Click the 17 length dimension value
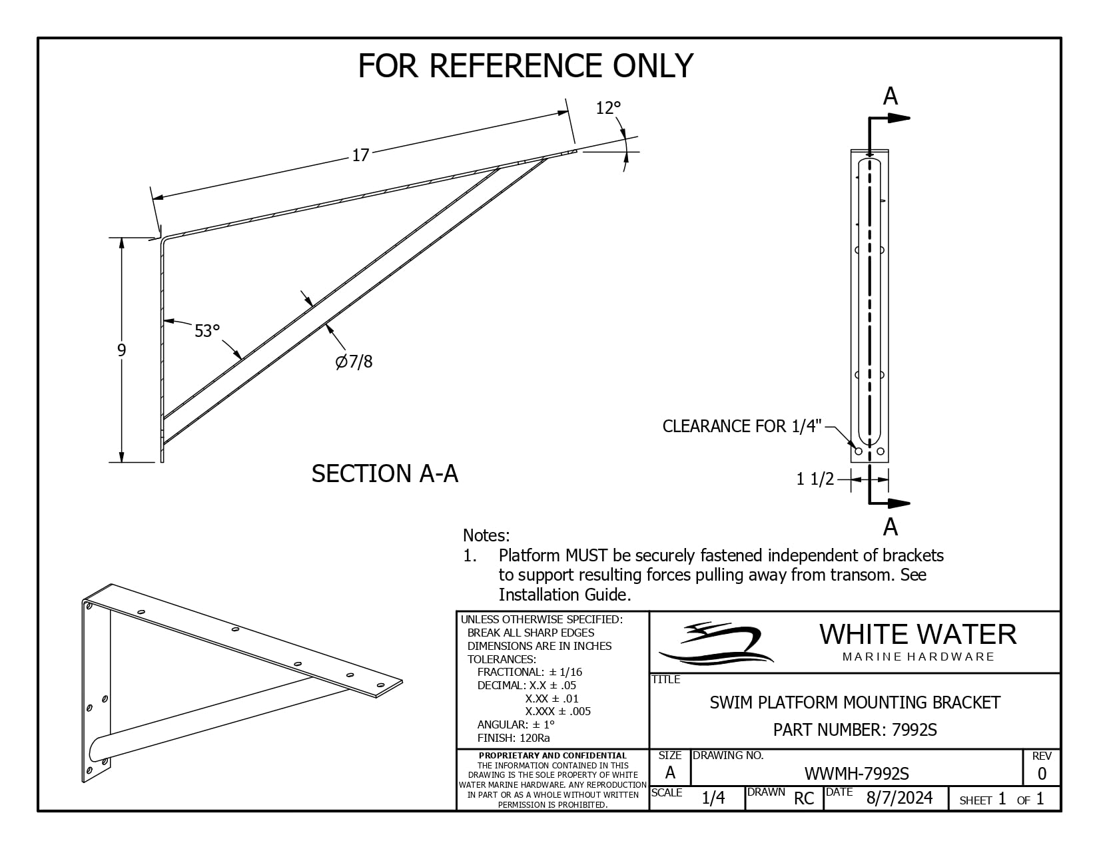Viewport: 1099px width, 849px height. [x=360, y=154]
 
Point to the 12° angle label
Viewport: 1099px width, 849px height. [x=608, y=108]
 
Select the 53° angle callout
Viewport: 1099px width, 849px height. [x=207, y=331]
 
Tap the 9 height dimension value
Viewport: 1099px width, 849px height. [x=121, y=350]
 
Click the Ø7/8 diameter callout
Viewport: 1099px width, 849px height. [x=354, y=362]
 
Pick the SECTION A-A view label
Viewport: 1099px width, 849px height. [x=385, y=473]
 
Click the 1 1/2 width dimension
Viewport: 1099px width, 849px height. [x=815, y=478]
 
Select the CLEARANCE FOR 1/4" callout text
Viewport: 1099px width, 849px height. [x=743, y=426]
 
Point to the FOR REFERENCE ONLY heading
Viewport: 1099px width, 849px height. [x=526, y=66]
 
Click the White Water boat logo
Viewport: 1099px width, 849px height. [x=716, y=643]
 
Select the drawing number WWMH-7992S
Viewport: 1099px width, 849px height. [x=857, y=774]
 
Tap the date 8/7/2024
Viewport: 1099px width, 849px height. [x=900, y=798]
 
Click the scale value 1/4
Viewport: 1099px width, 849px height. [x=713, y=798]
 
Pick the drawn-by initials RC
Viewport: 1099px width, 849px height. [x=804, y=798]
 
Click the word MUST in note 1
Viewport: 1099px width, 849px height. [x=586, y=555]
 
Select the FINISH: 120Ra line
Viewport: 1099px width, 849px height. [x=514, y=738]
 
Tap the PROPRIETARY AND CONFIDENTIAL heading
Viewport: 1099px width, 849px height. [x=553, y=756]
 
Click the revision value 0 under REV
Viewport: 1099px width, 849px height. [x=1042, y=774]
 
